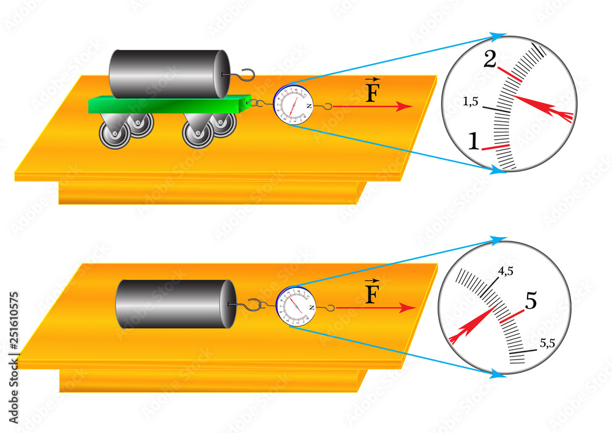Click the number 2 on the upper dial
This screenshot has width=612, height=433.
click(x=490, y=60)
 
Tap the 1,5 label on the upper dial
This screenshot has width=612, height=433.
click(x=471, y=102)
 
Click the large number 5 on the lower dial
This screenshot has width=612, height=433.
click(x=531, y=300)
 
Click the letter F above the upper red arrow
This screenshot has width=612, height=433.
click(x=371, y=92)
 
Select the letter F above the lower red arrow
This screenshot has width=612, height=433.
click(x=371, y=294)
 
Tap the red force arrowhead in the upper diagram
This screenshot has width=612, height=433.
click(x=404, y=107)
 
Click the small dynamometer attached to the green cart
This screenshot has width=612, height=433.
click(x=293, y=105)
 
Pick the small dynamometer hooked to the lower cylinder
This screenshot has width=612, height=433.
click(x=296, y=306)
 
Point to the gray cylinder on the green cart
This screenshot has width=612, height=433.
click(x=169, y=73)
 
